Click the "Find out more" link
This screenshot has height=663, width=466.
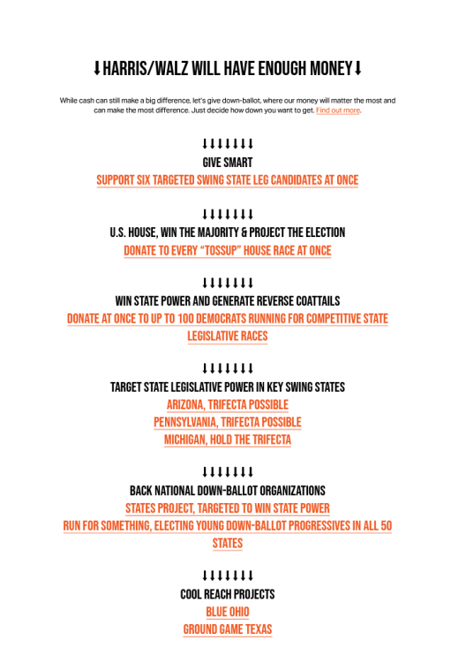click(338, 110)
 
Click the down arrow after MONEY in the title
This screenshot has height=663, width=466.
click(357, 68)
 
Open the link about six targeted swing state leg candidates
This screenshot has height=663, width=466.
click(227, 180)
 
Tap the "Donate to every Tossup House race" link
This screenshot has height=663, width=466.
click(227, 251)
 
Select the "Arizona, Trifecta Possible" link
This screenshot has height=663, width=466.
click(227, 404)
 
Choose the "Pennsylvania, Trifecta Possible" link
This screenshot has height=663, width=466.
click(227, 422)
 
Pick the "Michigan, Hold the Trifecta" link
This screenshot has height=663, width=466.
click(227, 439)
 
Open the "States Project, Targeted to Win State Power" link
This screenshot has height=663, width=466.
click(227, 508)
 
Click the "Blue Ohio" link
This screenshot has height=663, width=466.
click(227, 612)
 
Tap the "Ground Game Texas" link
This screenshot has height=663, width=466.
click(227, 629)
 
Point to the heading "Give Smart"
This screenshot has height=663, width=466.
click(227, 163)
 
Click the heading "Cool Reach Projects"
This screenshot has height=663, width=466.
click(227, 594)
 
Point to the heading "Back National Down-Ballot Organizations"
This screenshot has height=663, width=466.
click(227, 491)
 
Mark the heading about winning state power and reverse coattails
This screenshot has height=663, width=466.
click(227, 301)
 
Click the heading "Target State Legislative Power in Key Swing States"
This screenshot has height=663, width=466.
click(227, 387)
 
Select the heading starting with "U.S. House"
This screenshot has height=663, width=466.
click(227, 232)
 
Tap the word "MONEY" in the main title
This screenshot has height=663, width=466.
click(326, 68)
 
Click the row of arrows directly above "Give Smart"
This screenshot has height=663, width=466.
click(227, 144)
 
